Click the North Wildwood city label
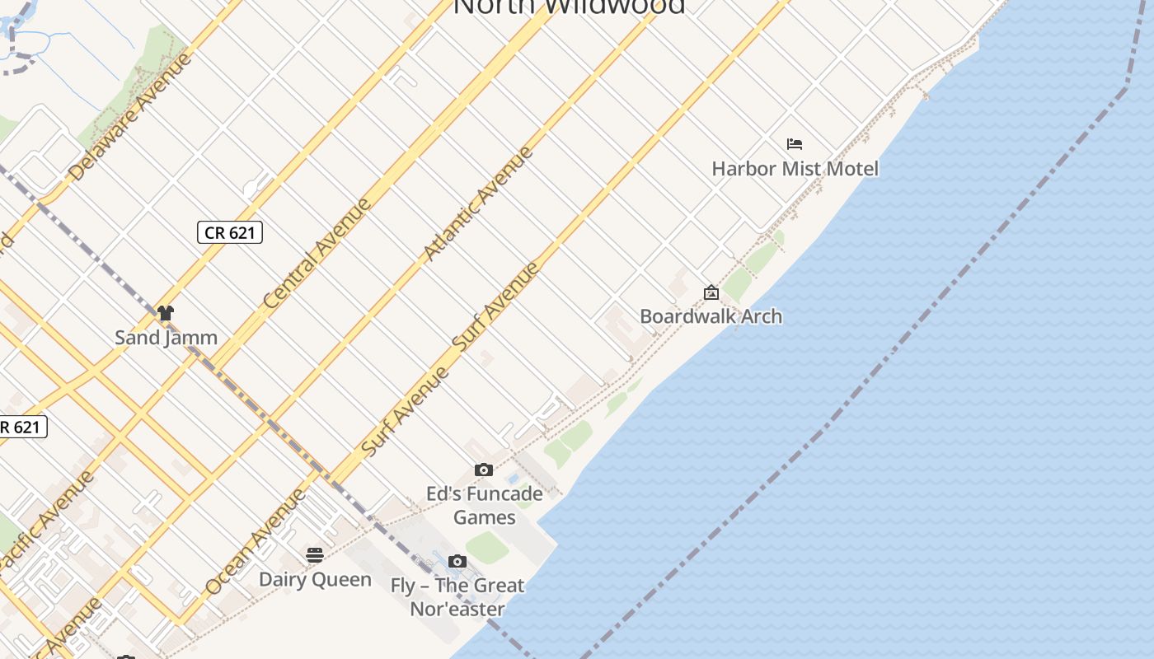tap(569, 7)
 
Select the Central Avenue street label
tap(317, 254)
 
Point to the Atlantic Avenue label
tap(477, 204)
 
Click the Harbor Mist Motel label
tap(795, 169)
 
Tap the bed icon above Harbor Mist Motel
tap(795, 144)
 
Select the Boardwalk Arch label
tap(711, 316)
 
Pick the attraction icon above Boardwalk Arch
tap(711, 292)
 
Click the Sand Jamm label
tap(166, 337)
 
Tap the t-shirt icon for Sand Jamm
tap(166, 313)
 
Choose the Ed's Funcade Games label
tap(484, 505)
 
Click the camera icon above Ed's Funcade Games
tap(484, 470)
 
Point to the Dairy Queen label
tap(315, 579)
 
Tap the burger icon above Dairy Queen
tap(315, 555)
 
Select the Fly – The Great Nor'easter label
tap(457, 597)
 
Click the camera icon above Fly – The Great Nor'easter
tap(457, 562)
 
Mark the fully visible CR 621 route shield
tap(230, 233)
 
